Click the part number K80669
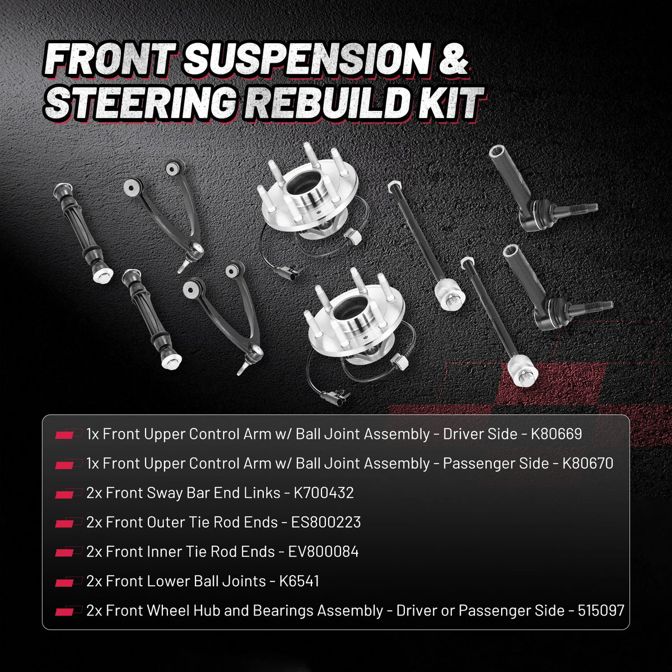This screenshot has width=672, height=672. click(556, 434)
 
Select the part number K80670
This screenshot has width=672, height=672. click(587, 464)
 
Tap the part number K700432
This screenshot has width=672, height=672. click(324, 493)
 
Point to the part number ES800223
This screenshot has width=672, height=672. click(326, 522)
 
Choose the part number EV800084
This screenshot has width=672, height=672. click(323, 552)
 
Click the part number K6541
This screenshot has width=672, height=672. click(299, 581)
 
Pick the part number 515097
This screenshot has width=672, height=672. click(601, 610)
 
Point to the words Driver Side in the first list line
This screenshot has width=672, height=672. click(480, 434)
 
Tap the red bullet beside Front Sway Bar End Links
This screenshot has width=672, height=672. click(65, 494)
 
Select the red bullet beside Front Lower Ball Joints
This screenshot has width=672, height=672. click(65, 582)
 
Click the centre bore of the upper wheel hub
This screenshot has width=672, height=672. click(303, 183)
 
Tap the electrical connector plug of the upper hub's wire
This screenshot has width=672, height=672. click(287, 272)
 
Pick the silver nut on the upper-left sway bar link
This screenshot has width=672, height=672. click(103, 275)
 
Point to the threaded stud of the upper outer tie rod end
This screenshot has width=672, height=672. click(578, 208)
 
